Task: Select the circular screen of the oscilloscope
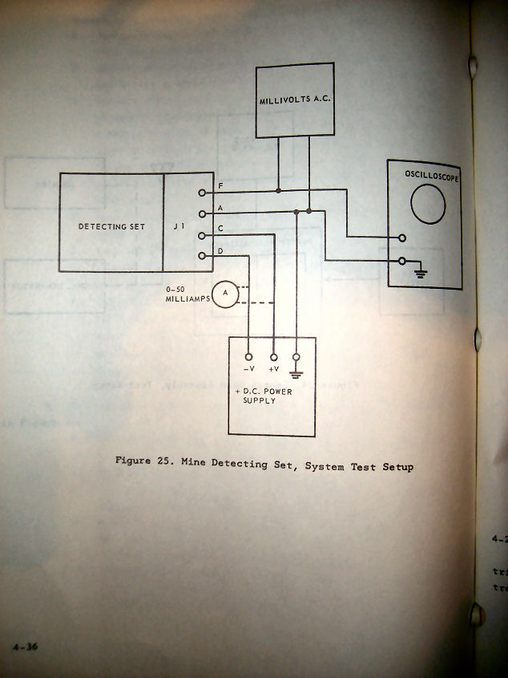(x=428, y=205)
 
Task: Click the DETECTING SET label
(x=111, y=227)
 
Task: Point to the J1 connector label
(x=179, y=227)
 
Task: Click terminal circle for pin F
(x=201, y=193)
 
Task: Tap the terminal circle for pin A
(x=201, y=213)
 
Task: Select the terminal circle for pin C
(x=201, y=235)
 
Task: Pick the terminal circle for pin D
(x=201, y=256)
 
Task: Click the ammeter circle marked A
(x=225, y=294)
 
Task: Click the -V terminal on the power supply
(x=248, y=355)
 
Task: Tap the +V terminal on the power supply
(x=274, y=355)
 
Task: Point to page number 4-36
(x=26, y=647)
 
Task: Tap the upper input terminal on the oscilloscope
(x=402, y=238)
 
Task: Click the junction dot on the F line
(x=278, y=191)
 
